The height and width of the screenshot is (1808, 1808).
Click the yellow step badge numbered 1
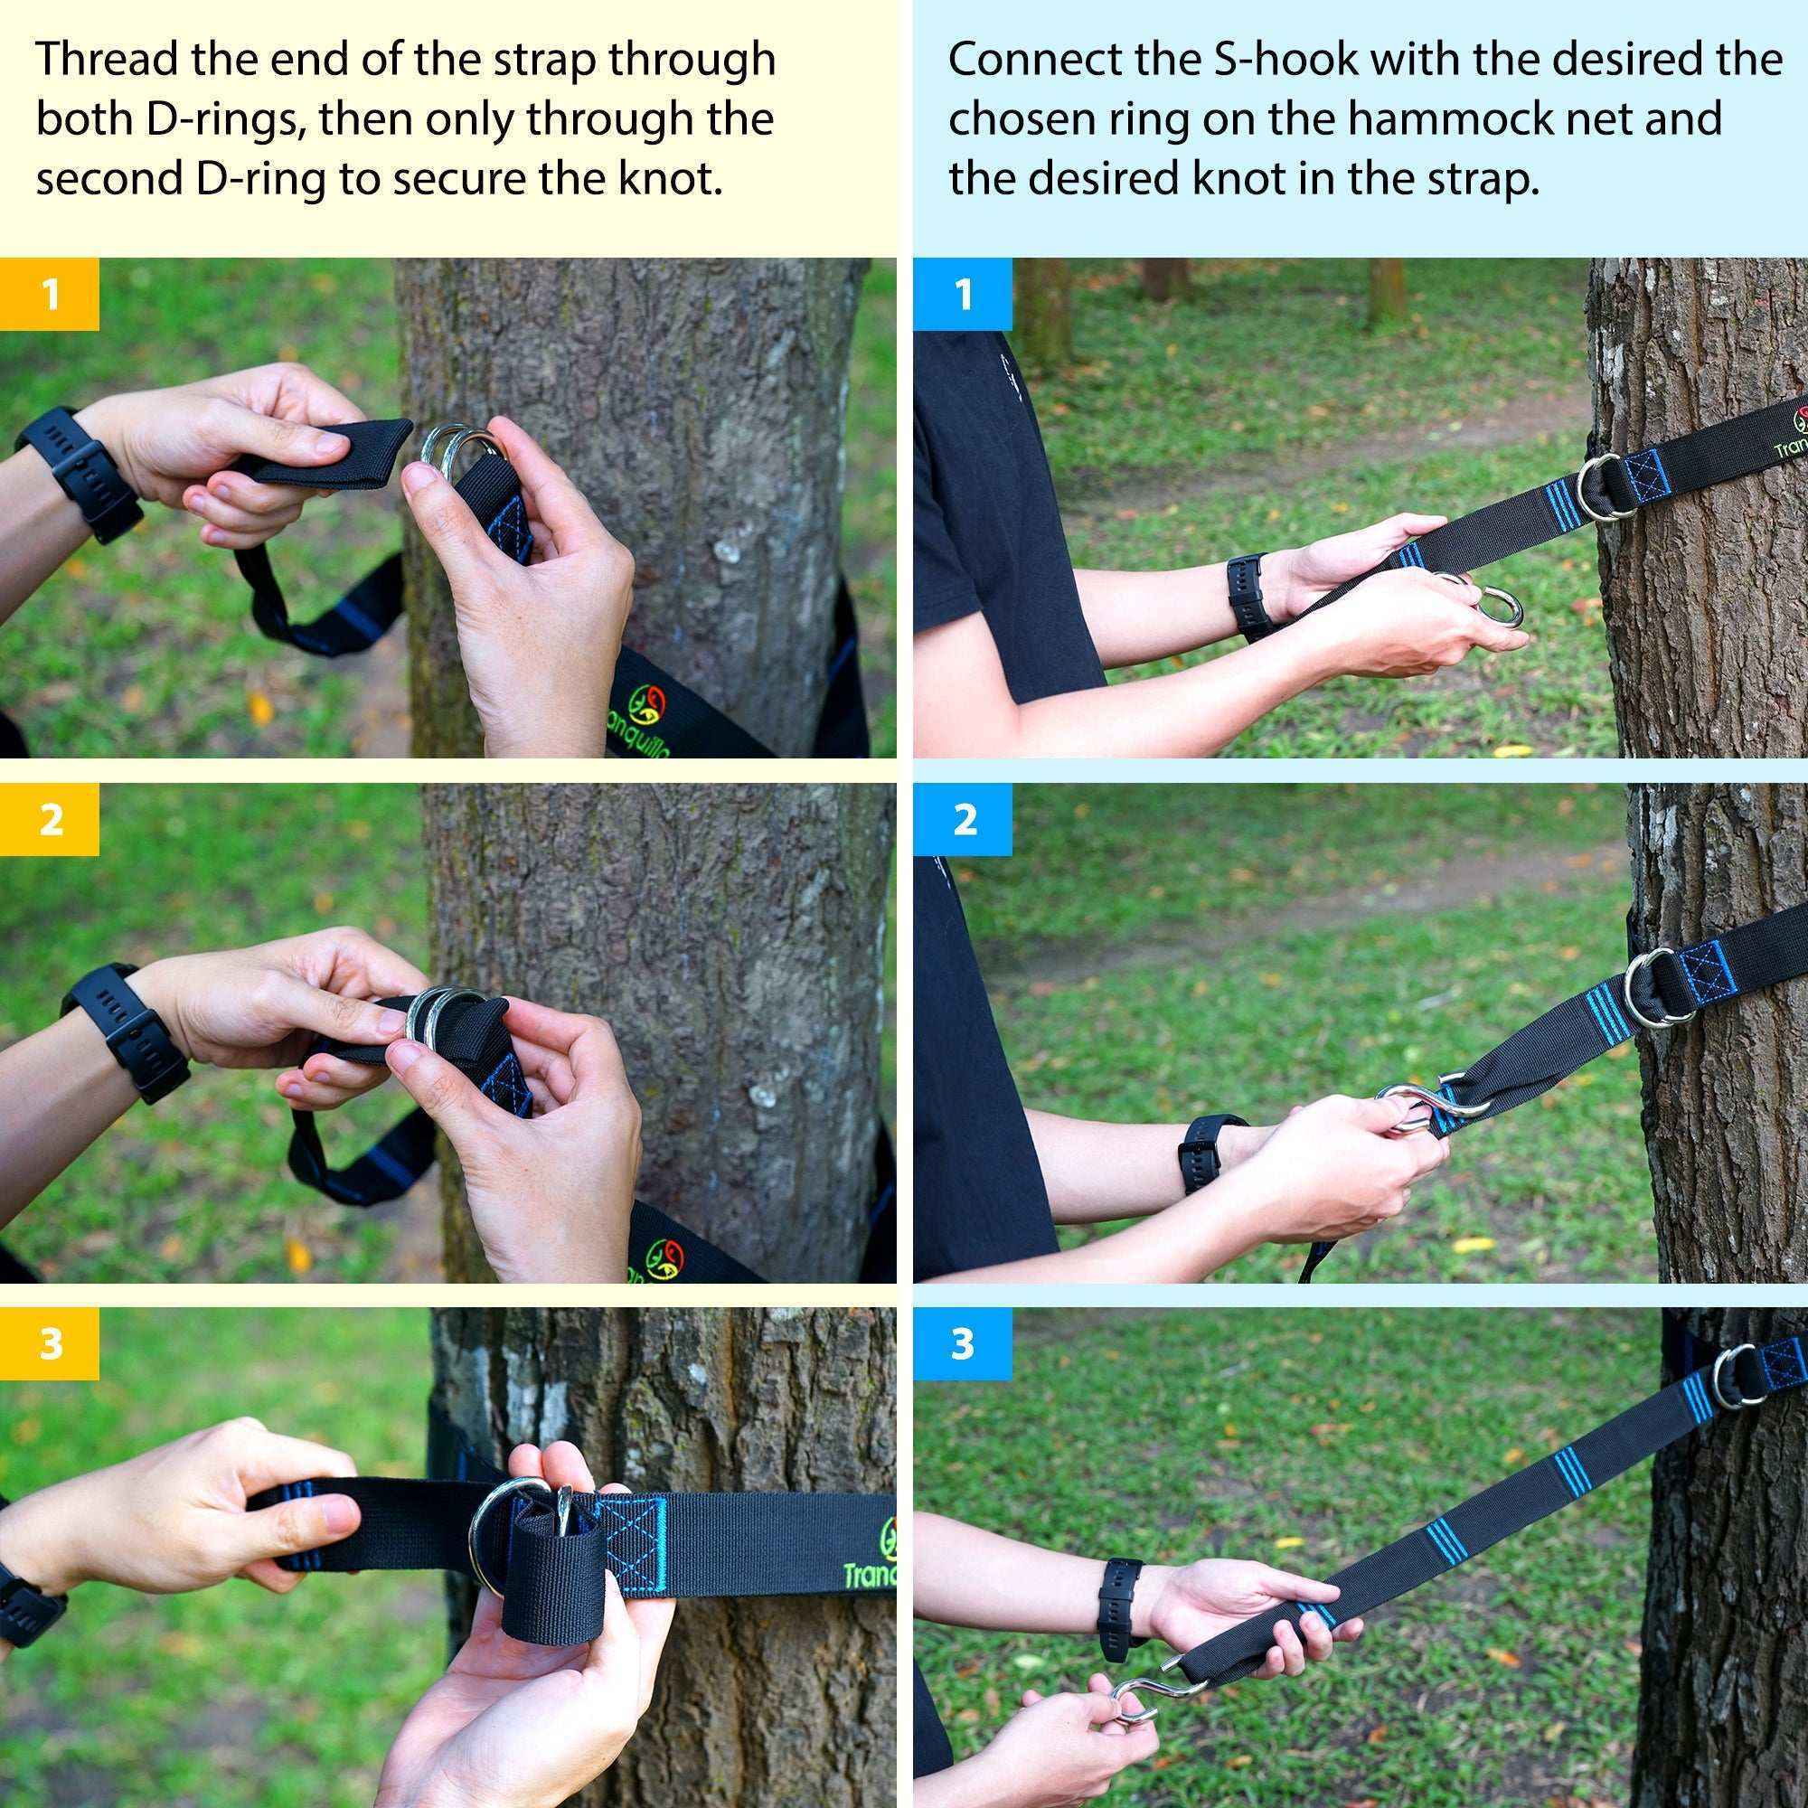coord(49,294)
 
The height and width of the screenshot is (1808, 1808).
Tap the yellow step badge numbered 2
coord(49,820)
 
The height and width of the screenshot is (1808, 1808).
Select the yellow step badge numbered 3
coord(49,1344)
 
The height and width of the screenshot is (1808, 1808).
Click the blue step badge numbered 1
coord(963,294)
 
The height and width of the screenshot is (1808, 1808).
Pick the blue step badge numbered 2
coord(963,820)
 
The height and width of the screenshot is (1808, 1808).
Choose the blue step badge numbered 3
coord(963,1344)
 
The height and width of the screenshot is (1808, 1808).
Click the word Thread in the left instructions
coord(106,60)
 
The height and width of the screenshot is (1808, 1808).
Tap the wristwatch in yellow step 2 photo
coord(127,1031)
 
